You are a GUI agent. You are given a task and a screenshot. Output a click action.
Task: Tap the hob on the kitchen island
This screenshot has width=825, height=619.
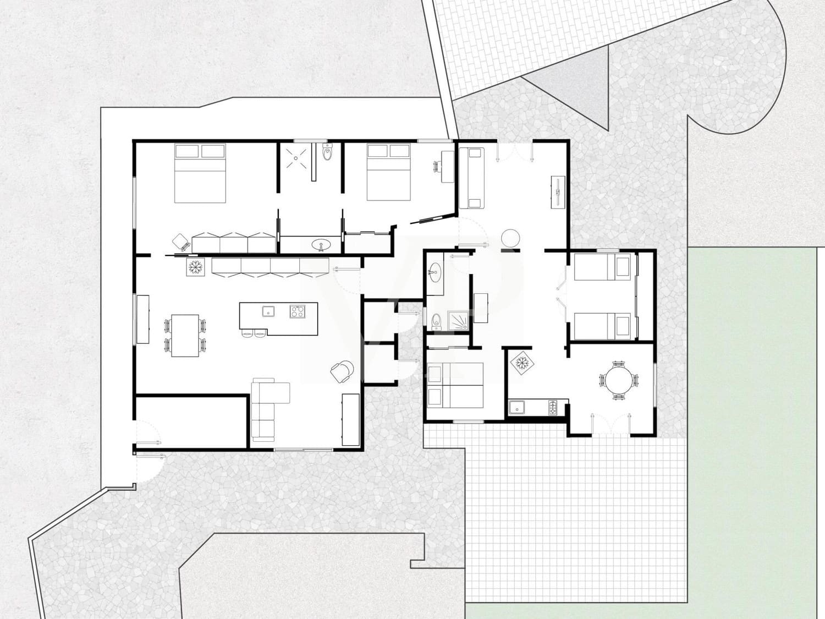pyautogui.click(x=298, y=311)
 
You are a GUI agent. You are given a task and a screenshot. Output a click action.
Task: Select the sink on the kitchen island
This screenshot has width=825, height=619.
pyautogui.click(x=268, y=311)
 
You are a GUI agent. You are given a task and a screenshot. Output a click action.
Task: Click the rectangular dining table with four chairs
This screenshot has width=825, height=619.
pyautogui.click(x=185, y=335)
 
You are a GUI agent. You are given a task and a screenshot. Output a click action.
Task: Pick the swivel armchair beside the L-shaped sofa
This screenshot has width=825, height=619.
pyautogui.click(x=342, y=371)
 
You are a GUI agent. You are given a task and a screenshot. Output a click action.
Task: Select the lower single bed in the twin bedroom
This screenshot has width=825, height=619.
pyautogui.click(x=603, y=326)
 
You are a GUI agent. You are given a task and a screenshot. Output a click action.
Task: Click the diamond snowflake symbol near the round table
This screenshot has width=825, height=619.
pyautogui.click(x=520, y=363)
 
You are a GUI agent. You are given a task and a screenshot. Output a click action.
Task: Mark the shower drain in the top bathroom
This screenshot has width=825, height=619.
pyautogui.click(x=296, y=157)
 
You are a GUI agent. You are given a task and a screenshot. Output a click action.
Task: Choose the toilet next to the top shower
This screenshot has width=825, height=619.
pyautogui.click(x=327, y=154)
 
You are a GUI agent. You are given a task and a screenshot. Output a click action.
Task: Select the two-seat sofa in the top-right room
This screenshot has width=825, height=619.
pyautogui.click(x=472, y=178)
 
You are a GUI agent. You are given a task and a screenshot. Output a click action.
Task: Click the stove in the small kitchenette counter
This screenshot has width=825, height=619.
pyautogui.click(x=553, y=408)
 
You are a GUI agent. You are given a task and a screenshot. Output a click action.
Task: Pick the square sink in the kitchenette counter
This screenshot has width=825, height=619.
pyautogui.click(x=517, y=408)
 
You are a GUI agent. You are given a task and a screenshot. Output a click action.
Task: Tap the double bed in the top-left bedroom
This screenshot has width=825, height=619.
pyautogui.click(x=200, y=173)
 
